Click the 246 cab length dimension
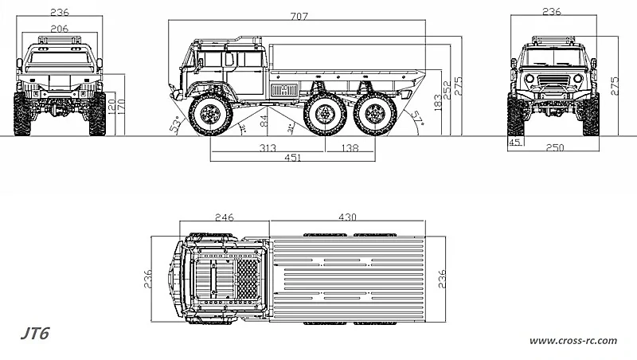point(224,217)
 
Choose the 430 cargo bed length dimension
point(347,217)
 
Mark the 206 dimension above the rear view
point(59,28)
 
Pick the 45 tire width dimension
point(515,143)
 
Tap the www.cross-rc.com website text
point(573,341)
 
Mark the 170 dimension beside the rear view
point(122,103)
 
